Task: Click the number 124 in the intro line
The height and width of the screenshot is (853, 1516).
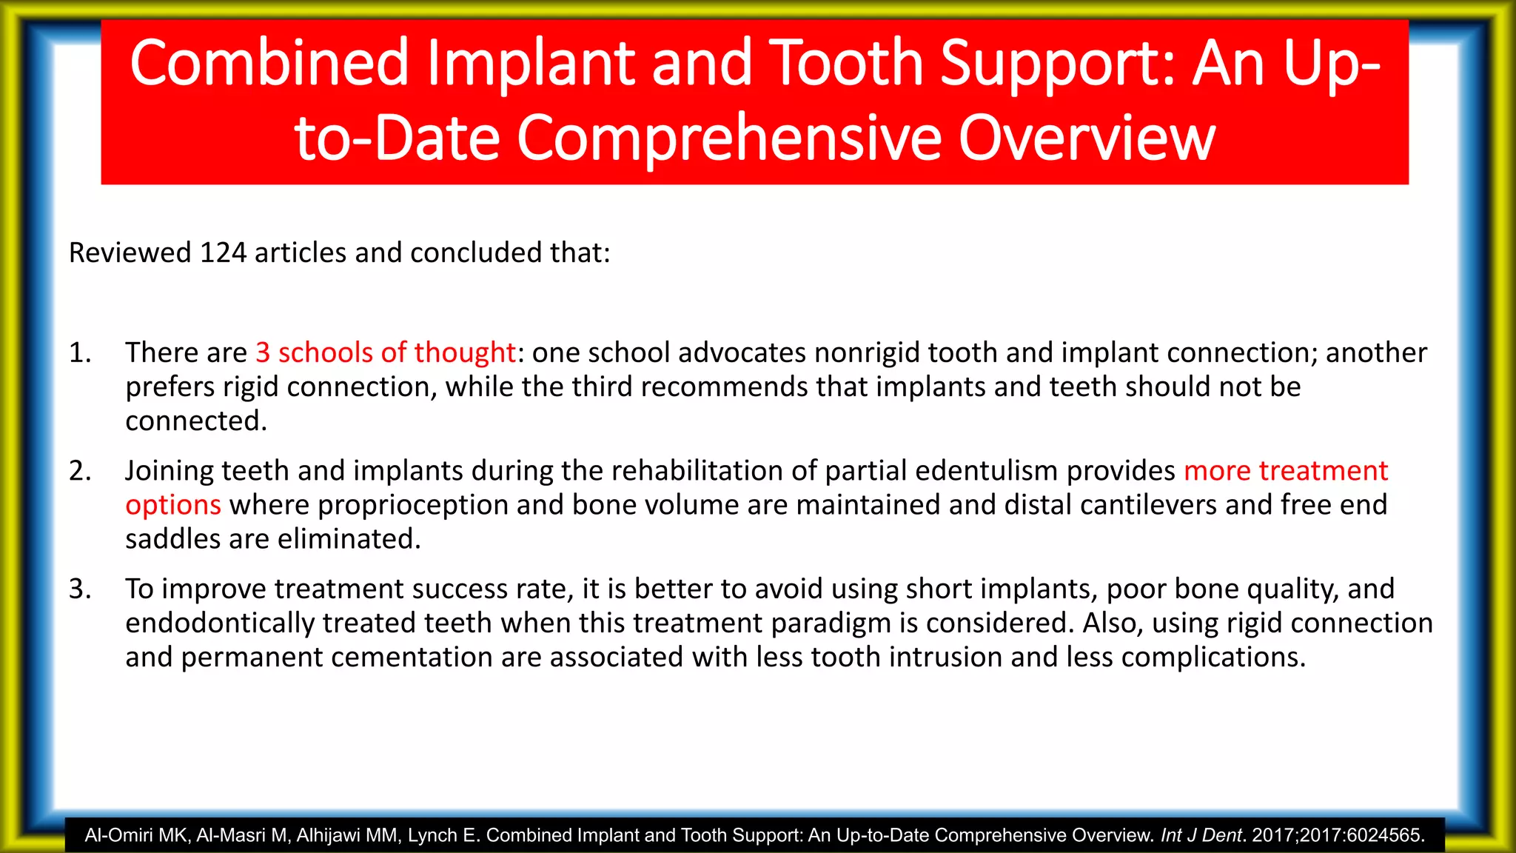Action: [223, 253]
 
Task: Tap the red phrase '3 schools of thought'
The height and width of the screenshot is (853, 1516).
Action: [385, 353]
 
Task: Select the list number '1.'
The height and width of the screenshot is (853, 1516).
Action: [80, 353]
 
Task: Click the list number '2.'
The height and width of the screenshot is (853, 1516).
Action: [80, 472]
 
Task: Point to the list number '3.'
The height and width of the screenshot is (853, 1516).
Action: [80, 589]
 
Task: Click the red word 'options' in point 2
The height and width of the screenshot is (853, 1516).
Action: [173, 506]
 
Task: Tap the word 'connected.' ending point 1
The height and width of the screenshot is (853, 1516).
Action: [196, 421]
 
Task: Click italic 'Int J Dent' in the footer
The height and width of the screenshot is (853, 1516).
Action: [1200, 836]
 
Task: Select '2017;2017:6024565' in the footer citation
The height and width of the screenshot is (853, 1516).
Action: [1336, 836]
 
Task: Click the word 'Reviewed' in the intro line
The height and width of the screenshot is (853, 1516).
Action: [130, 253]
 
